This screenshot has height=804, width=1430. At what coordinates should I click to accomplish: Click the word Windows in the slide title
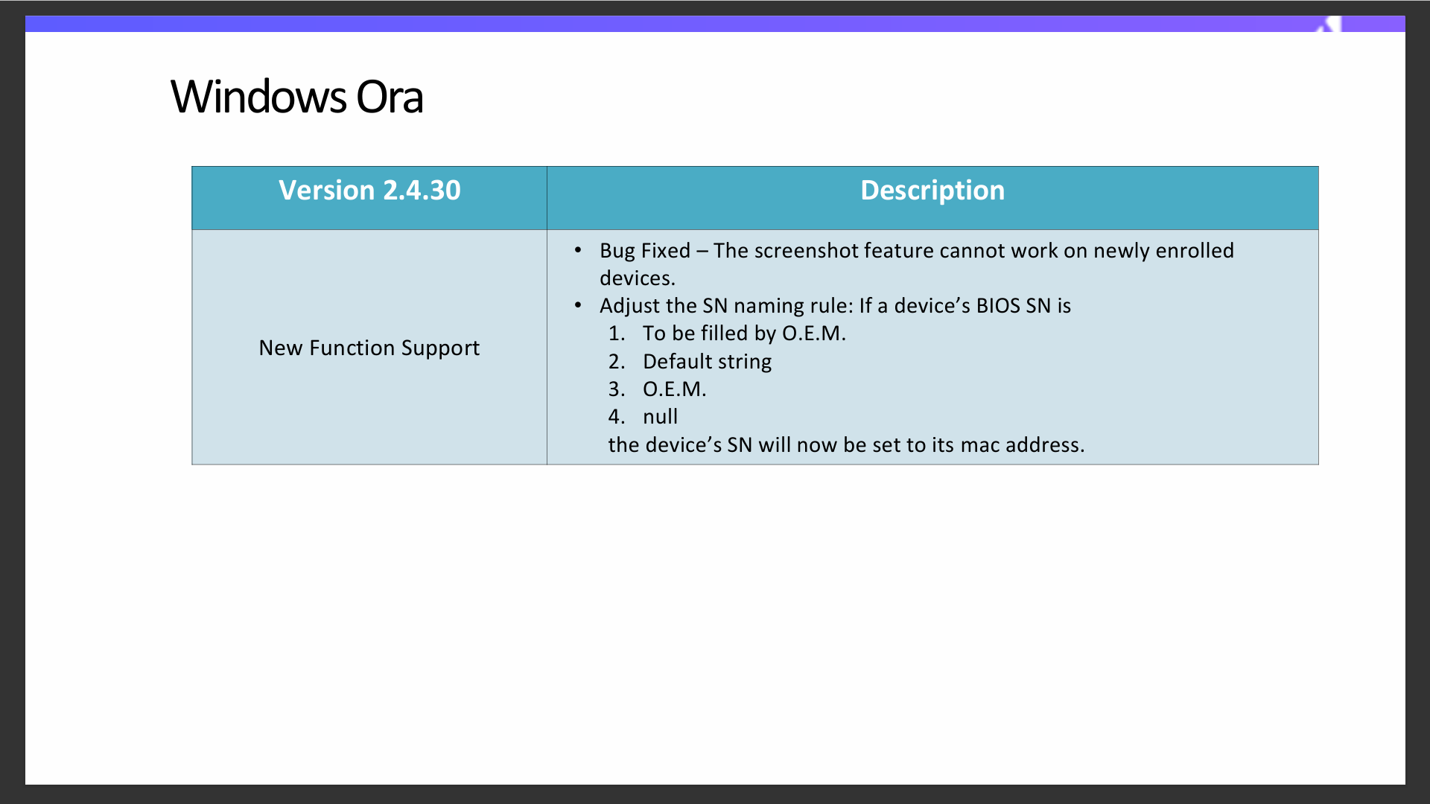[x=258, y=97]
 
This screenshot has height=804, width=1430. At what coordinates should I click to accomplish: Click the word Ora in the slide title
[x=390, y=97]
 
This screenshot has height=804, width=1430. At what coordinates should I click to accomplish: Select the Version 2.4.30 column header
[x=369, y=191]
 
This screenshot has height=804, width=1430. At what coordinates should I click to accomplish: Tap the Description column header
[x=932, y=191]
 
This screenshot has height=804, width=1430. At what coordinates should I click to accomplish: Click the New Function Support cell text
[x=369, y=348]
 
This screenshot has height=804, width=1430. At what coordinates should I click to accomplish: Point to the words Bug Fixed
[x=645, y=251]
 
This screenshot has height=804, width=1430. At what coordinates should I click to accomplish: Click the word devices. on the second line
[x=638, y=278]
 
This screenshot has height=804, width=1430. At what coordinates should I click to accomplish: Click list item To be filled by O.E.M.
[x=744, y=334]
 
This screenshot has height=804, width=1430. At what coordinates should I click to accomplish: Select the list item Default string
[x=707, y=362]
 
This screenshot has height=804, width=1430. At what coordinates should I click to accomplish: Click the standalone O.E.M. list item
[x=674, y=389]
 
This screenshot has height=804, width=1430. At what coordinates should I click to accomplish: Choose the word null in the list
[x=660, y=417]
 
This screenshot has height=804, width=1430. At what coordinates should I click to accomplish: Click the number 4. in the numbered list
[x=616, y=417]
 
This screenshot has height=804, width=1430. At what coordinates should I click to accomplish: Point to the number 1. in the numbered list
[x=616, y=334]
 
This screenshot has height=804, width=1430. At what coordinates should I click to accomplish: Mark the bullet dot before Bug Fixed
[x=578, y=250]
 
